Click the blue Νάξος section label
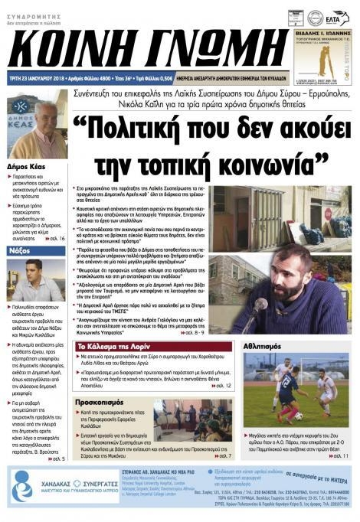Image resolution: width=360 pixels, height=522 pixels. pos(21,250)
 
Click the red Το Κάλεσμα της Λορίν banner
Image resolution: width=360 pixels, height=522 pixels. pos(110,347)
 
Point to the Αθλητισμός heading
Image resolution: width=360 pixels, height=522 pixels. pos(265,347)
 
